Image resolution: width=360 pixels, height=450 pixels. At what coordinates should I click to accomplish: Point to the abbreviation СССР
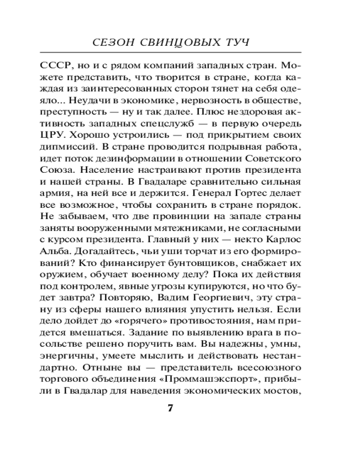click(72, 63)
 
